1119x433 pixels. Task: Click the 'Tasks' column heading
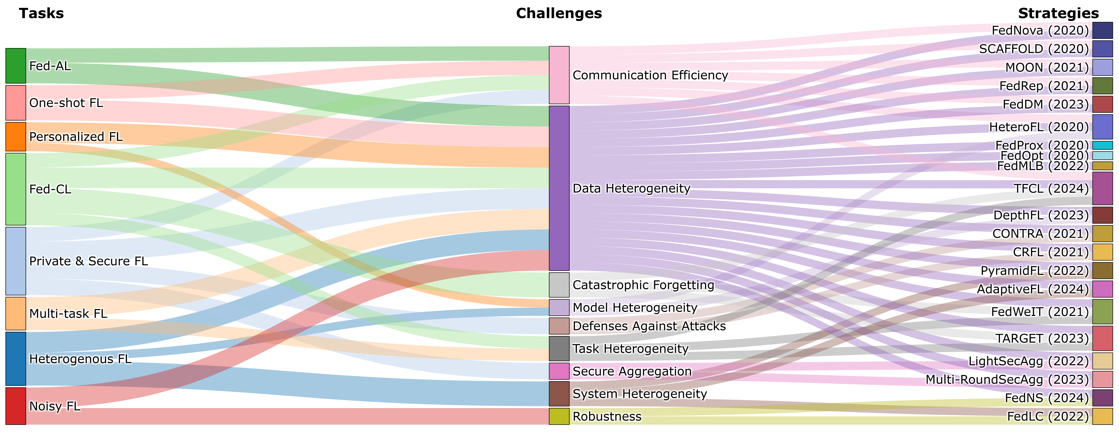(41, 13)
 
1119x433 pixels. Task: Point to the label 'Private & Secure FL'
(88, 261)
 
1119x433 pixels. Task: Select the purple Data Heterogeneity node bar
(559, 188)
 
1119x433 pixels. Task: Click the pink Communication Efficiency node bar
(559, 75)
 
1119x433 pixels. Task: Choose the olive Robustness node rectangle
(559, 416)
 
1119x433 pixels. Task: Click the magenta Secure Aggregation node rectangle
(559, 371)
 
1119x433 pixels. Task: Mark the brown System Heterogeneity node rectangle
(559, 393)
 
